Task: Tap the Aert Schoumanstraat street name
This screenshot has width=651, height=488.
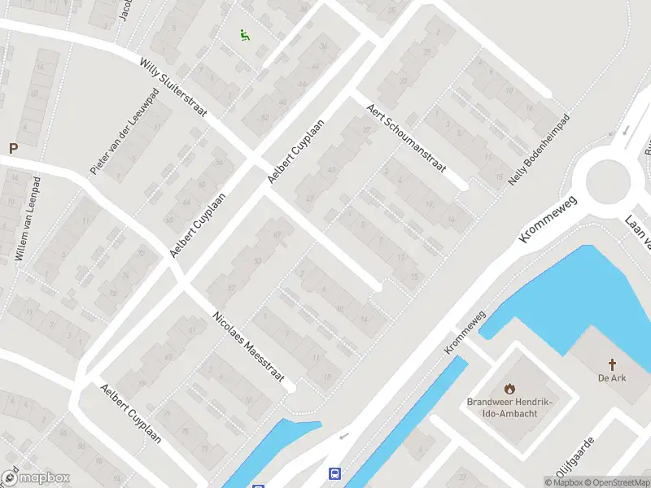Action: [405, 137]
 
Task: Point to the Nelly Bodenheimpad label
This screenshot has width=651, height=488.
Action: [539, 149]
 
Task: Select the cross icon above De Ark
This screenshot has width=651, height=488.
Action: [612, 364]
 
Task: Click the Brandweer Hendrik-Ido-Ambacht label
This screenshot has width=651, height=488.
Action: [509, 407]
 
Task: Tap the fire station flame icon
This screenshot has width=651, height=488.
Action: [510, 388]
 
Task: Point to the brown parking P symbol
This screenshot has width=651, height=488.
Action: [12, 148]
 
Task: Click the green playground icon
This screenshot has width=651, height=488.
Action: [243, 34]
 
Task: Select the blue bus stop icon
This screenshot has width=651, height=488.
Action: [334, 473]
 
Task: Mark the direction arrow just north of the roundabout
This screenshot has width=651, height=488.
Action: [626, 130]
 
